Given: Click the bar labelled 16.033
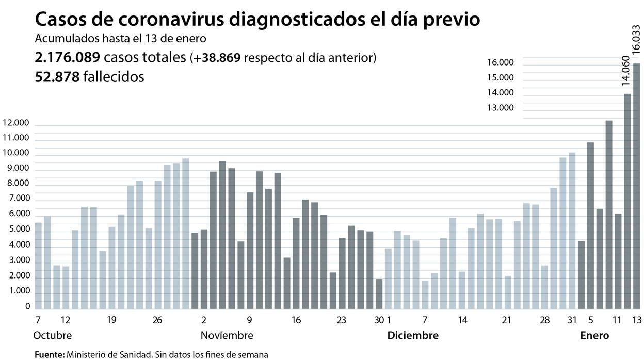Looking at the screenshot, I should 636,186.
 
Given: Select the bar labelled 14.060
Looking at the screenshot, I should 627,201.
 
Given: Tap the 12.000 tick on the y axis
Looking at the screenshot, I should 17,123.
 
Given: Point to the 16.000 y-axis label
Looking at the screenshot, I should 500,62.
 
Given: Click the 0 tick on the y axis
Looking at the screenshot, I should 27,306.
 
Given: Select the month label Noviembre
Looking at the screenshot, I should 227,335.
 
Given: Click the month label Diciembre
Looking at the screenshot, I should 413,335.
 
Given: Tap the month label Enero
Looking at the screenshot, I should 594,335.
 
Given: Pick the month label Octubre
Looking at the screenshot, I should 53,335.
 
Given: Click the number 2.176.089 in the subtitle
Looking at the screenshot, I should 67,57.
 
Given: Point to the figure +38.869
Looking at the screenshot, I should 217,58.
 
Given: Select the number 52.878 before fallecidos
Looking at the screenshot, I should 57,77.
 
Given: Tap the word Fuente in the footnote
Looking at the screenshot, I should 49,354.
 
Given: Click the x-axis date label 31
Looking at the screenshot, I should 571,320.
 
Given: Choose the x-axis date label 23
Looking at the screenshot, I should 341,320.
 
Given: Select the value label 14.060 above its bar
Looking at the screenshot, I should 626,71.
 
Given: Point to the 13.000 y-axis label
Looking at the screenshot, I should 500,107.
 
